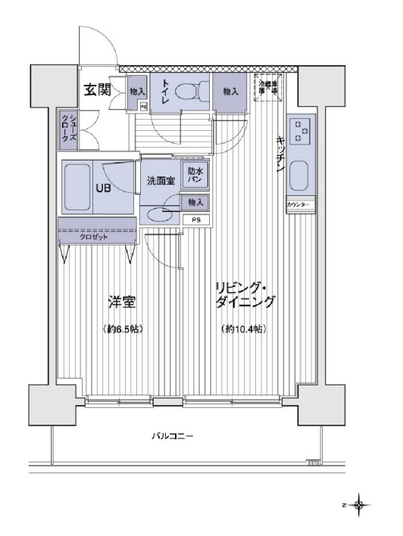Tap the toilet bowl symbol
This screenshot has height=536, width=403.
tap(187, 92)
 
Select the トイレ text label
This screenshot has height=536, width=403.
tap(164, 91)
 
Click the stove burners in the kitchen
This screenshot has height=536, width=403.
tap(301, 130)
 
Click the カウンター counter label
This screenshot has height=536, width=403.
tap(301, 206)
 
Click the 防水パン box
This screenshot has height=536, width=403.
tap(195, 176)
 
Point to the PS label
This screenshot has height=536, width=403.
tap(196, 220)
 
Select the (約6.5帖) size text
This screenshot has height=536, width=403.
tap(121, 329)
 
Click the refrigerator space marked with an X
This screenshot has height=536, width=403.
tap(270, 84)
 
